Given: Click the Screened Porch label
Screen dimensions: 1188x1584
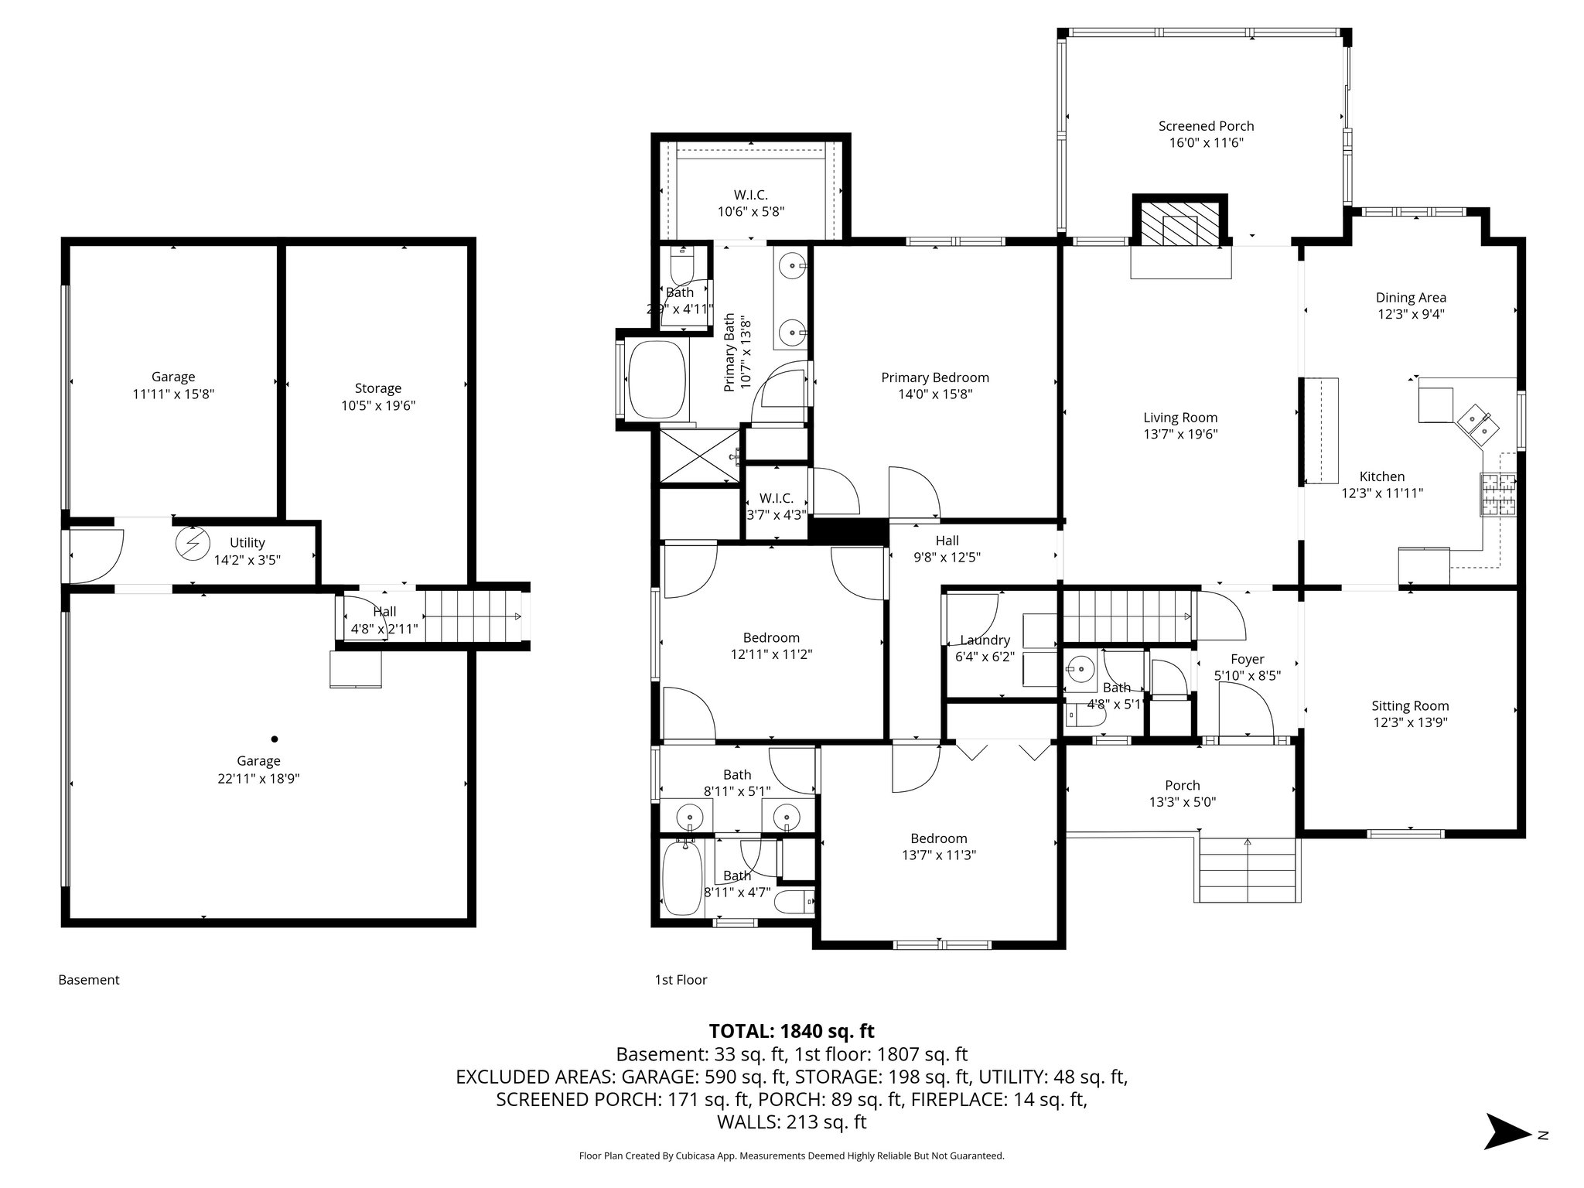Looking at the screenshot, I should [x=1206, y=126].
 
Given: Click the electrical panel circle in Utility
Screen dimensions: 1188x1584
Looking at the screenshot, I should [x=189, y=543].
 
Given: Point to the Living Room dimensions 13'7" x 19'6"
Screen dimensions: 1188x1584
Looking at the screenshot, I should [x=1180, y=435].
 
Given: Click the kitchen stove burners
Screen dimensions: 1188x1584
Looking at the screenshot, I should [x=1497, y=495].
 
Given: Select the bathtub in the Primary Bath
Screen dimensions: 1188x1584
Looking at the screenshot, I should [x=657, y=381].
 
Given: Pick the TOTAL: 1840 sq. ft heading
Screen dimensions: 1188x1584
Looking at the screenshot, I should [x=791, y=1031].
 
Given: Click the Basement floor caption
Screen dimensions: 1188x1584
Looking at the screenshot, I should [x=89, y=980].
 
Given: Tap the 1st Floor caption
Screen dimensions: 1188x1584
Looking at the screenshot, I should [x=681, y=980].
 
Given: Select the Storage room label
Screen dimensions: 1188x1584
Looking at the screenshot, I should [x=377, y=388].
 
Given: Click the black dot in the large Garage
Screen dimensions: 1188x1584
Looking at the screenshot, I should [x=274, y=739].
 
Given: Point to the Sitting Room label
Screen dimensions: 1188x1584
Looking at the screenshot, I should [x=1409, y=705].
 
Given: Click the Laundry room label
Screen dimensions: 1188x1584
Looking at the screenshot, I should [x=985, y=640].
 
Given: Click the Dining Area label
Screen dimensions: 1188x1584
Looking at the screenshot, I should [x=1410, y=297].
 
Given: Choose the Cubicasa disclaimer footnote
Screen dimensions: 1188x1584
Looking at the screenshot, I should [x=791, y=1156].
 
